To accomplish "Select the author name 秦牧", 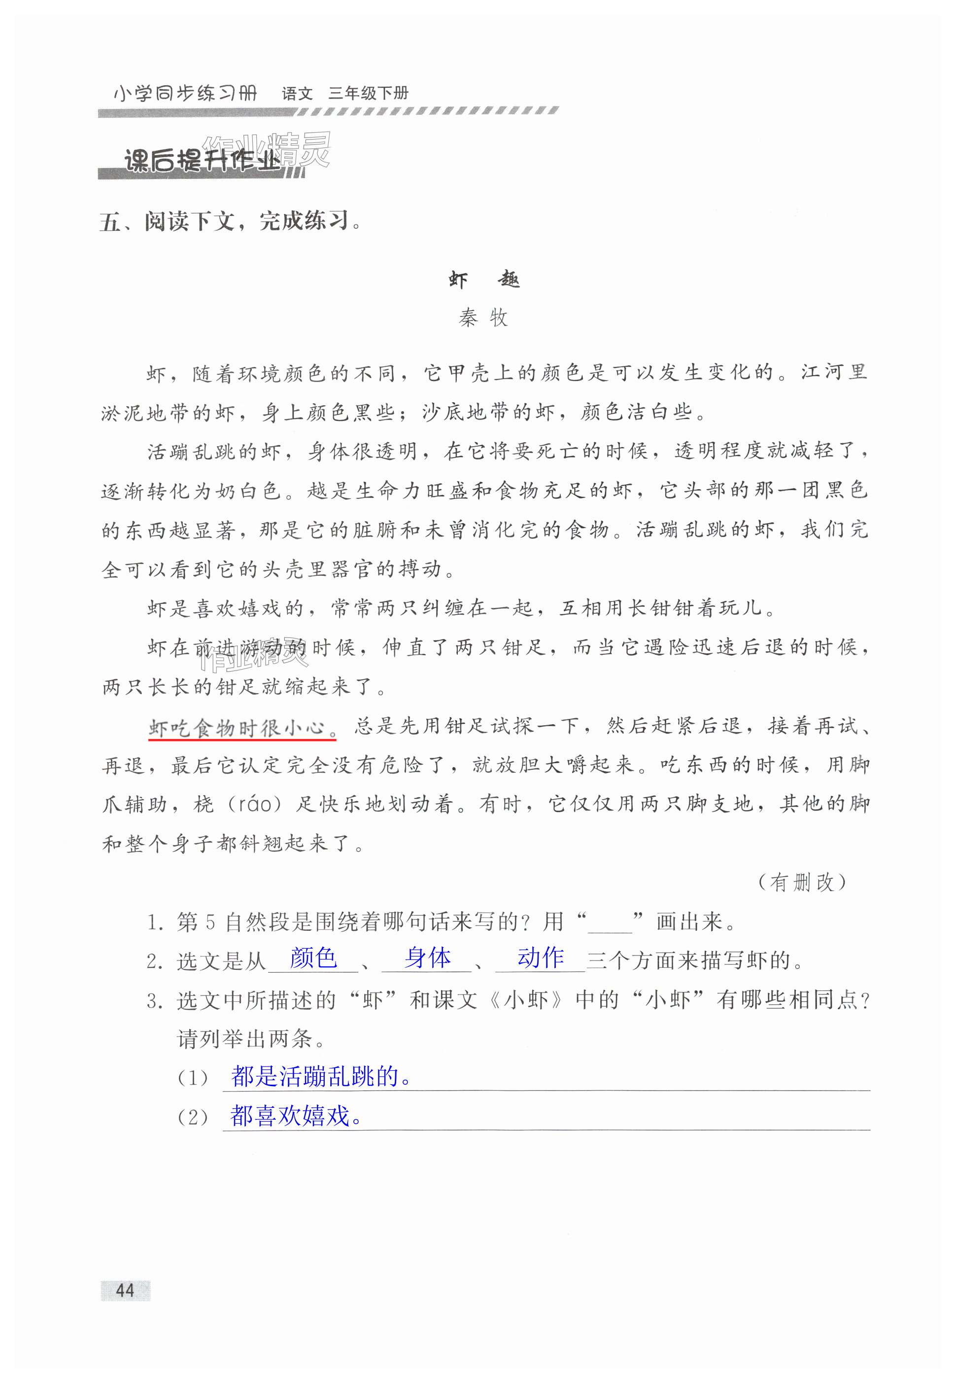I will click(483, 318).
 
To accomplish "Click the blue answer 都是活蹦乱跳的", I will click(321, 1077).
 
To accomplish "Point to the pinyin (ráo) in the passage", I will click(259, 805).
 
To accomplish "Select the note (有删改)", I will click(801, 882).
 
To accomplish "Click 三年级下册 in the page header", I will click(368, 93).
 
